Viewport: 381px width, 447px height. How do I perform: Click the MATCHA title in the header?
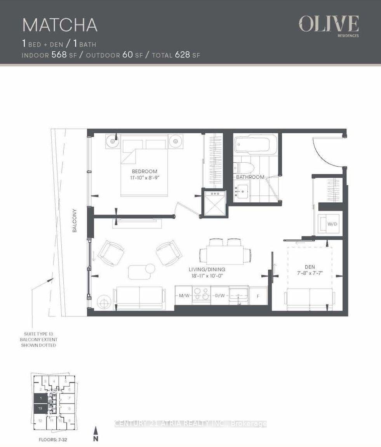tap(60, 24)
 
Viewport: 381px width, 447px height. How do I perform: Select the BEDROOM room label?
tap(144, 171)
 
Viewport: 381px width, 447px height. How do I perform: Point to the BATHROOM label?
tap(250, 177)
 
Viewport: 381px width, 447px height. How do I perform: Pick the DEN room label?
tap(309, 267)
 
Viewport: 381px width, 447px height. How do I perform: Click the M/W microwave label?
tap(184, 296)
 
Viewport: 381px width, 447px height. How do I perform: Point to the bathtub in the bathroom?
tap(252, 144)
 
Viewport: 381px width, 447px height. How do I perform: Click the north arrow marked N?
tap(95, 434)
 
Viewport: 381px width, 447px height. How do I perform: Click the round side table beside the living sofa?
tap(104, 302)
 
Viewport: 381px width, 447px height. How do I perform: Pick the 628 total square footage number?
tap(182, 55)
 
